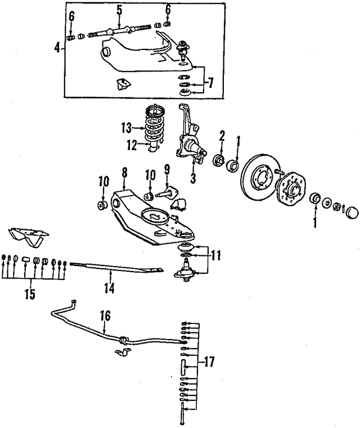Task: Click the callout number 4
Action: [57, 48]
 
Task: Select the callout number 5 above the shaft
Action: [119, 10]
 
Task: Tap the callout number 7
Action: [211, 83]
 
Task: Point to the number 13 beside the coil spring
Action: [127, 128]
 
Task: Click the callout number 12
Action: [132, 145]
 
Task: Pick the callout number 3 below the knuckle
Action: [193, 178]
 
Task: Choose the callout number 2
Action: [222, 136]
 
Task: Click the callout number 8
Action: [124, 173]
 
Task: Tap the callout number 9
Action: [166, 170]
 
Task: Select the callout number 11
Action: [215, 256]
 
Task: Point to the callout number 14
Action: [109, 288]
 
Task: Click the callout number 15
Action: [30, 294]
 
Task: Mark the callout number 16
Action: [105, 316]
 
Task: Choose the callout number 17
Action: [209, 362]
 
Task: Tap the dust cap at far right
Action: [352, 212]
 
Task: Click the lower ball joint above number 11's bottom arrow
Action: [186, 272]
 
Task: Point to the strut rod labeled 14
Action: [116, 267]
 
